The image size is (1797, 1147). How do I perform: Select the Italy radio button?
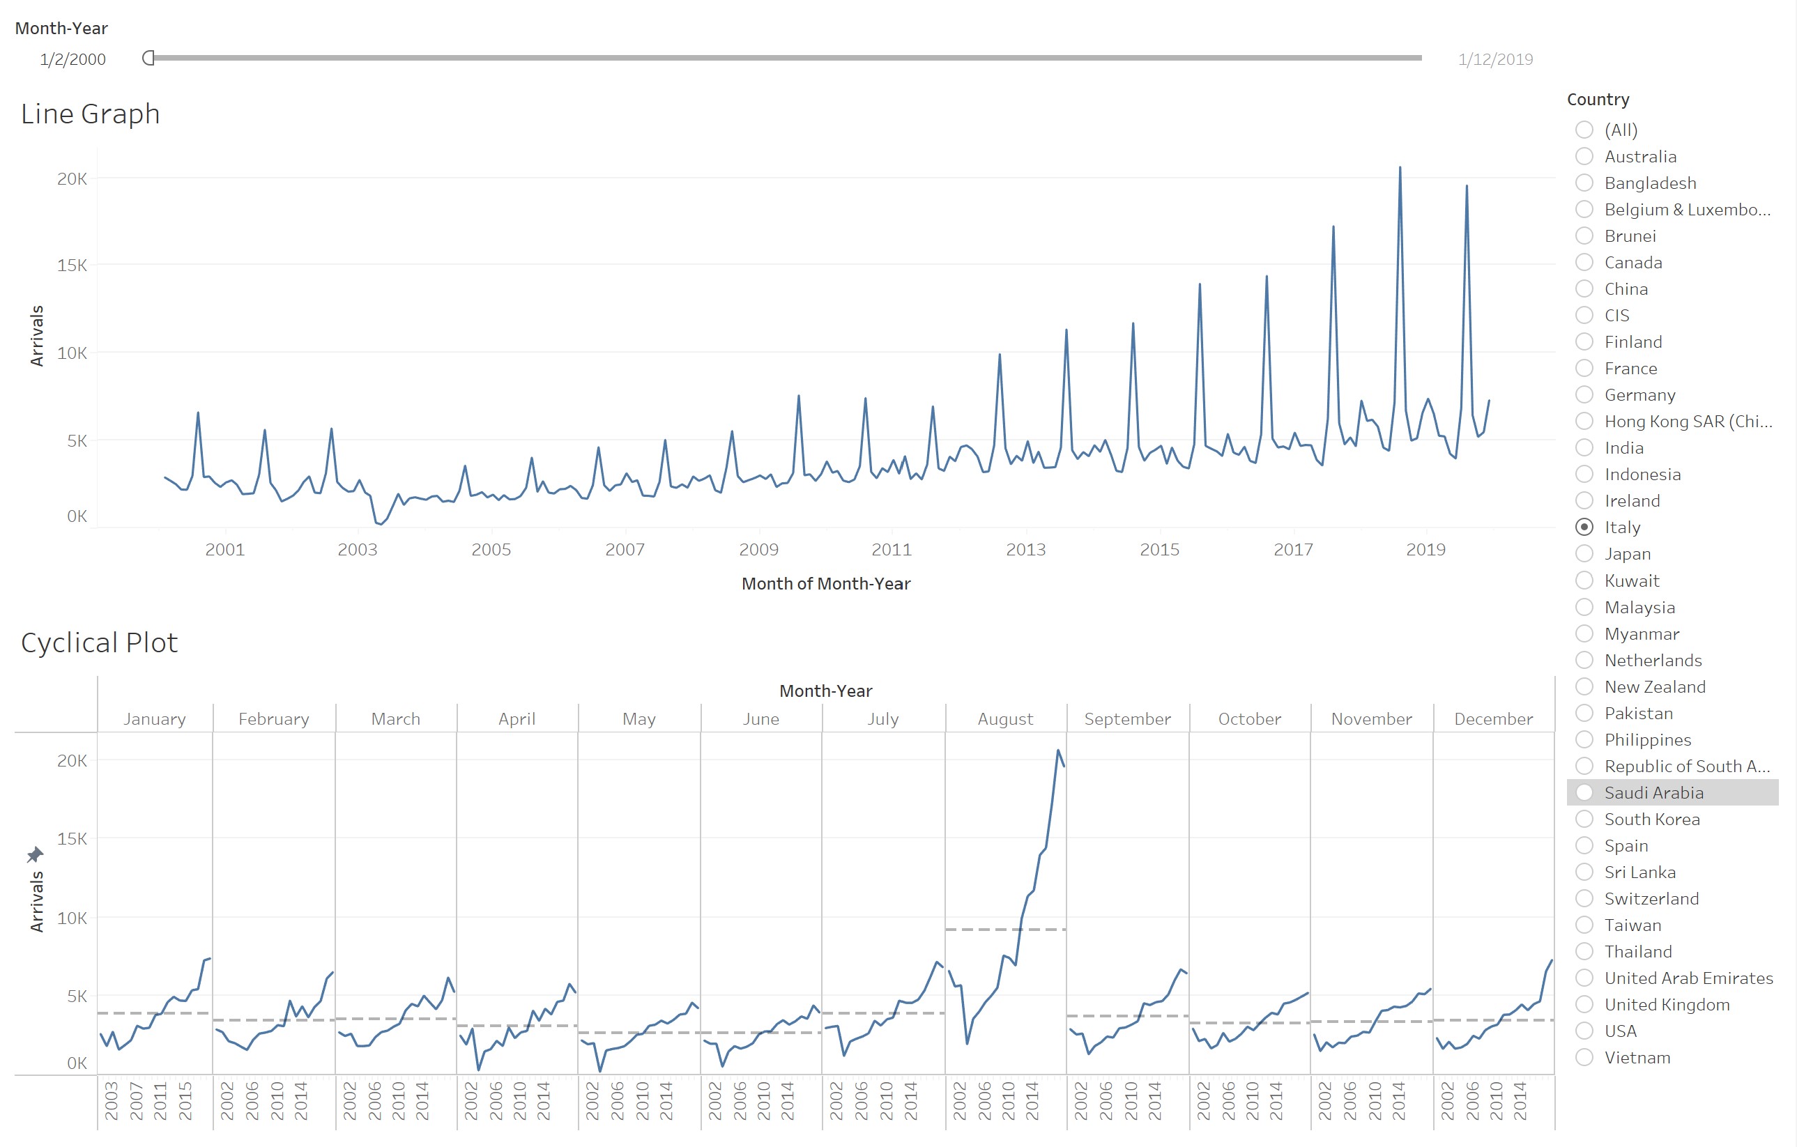pos(1584,527)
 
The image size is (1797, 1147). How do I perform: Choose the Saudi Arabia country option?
pos(1584,792)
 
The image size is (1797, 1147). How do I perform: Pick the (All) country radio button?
pos(1584,130)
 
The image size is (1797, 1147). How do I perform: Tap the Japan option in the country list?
pos(1584,554)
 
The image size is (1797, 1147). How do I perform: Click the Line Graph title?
pos(91,114)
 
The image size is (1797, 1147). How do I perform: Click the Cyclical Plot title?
pos(99,642)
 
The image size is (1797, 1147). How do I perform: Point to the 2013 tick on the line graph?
pos(1025,550)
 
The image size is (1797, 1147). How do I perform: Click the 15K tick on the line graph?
pos(72,265)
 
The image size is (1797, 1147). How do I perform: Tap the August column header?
pos(1005,718)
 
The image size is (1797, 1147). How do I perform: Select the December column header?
pos(1493,718)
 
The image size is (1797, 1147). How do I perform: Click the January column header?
pos(155,718)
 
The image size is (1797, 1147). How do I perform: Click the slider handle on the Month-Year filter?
pos(148,59)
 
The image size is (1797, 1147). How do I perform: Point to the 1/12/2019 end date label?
pos(1495,60)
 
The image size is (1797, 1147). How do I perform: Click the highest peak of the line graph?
pos(1399,169)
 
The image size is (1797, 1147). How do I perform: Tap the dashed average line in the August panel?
pos(1005,930)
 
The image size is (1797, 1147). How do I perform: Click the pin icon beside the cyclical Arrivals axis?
pos(35,854)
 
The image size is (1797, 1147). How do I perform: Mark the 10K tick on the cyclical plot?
pos(72,918)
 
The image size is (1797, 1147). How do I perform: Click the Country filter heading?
pos(1598,99)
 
